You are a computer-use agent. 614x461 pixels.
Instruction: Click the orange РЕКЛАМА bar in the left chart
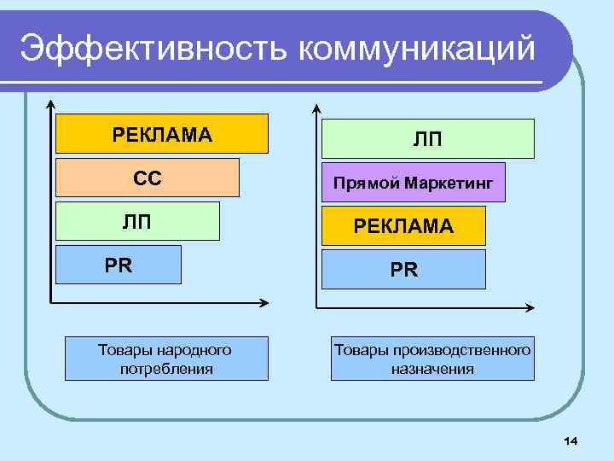coord(162,134)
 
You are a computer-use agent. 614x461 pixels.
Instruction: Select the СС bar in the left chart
coord(148,178)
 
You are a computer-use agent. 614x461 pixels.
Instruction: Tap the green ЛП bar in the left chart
coord(137,222)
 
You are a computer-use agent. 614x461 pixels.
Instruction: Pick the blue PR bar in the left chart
coord(119,264)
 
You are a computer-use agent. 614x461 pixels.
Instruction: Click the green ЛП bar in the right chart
coord(427,138)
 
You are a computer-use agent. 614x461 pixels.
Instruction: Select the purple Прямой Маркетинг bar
coord(413,182)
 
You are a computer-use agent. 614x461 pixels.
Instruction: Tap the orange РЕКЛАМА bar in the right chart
coord(403,225)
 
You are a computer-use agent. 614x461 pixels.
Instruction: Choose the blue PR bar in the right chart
coord(403,269)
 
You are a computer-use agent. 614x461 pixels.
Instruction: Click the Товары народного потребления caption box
coord(165,359)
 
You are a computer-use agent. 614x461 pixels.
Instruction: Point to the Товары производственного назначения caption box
coord(433,359)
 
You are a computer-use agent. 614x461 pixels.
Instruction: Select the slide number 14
coord(571,440)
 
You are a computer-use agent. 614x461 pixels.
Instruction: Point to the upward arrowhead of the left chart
coord(52,105)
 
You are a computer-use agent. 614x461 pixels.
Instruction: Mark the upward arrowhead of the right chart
coord(316,109)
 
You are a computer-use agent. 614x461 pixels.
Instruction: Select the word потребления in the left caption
coord(166,369)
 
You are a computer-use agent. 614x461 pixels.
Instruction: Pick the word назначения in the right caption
coord(433,369)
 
